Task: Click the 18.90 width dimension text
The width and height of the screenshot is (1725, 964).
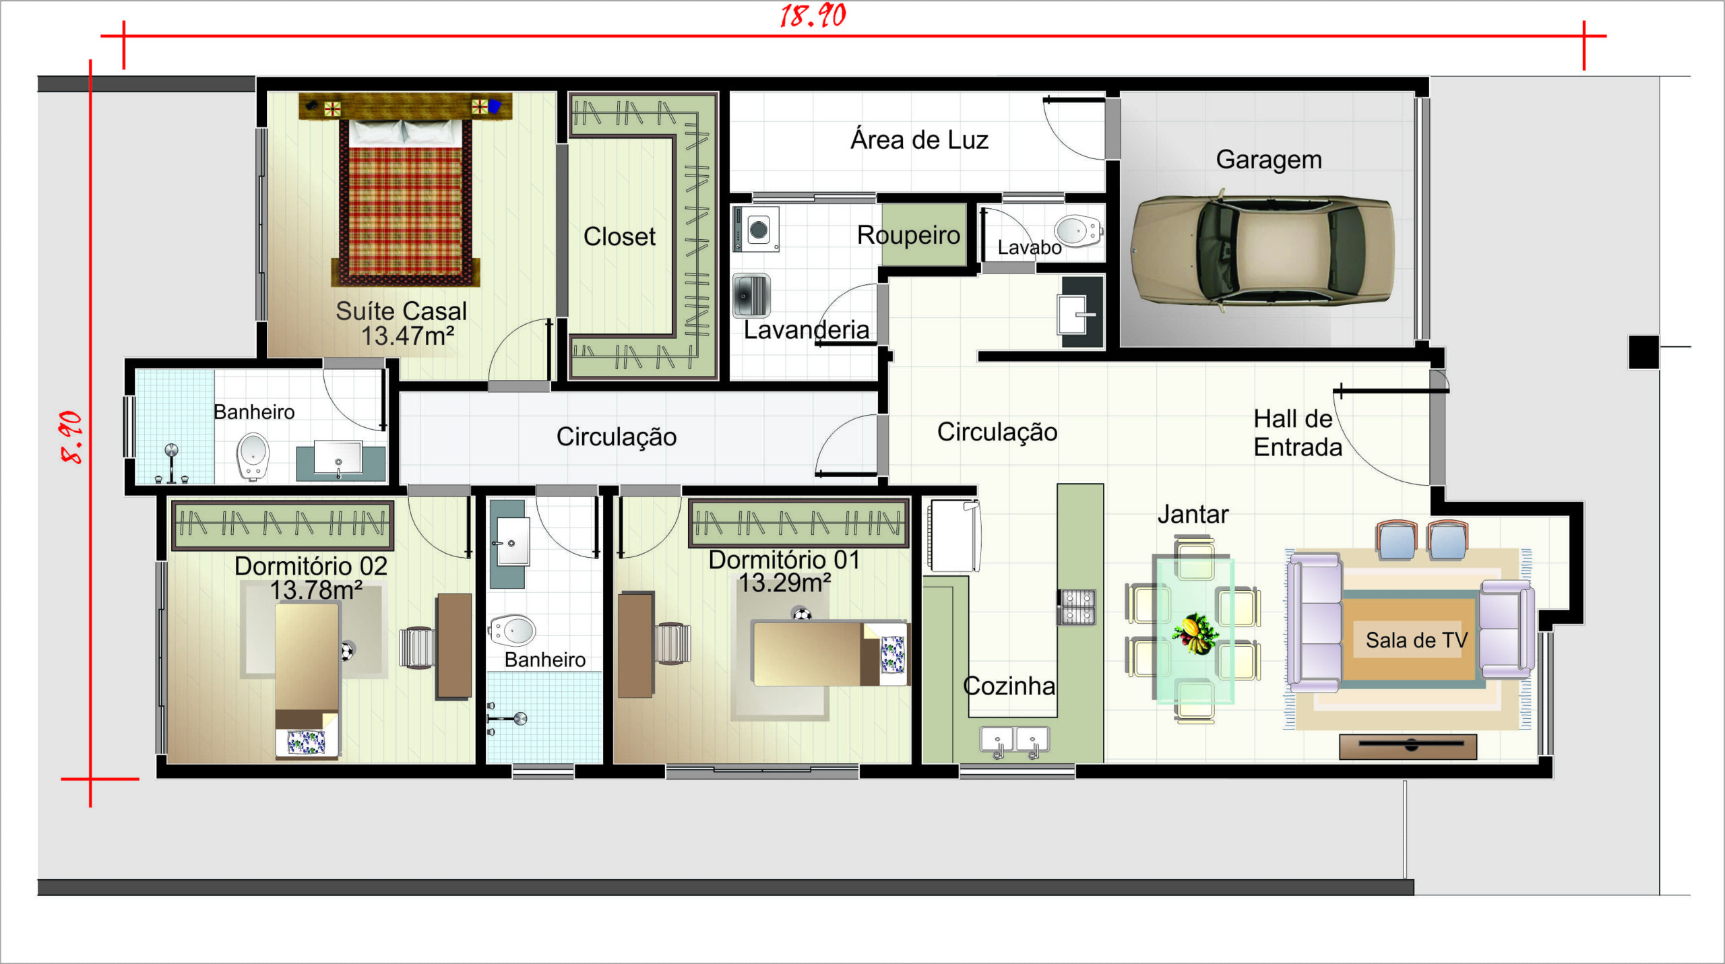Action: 813,15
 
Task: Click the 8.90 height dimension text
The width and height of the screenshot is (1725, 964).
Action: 71,437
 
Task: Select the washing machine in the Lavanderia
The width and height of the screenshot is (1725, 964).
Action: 756,229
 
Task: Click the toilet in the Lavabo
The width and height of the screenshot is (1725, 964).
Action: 1079,230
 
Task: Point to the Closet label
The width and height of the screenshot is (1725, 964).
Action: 619,236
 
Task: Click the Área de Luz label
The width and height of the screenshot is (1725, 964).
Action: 919,140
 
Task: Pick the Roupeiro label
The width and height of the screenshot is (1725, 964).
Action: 908,235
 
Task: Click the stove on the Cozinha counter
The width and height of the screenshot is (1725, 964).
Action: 1077,606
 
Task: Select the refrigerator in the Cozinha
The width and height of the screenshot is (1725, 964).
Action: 953,536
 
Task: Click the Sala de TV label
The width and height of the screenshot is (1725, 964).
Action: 1416,640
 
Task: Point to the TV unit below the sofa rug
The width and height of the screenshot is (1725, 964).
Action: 1408,746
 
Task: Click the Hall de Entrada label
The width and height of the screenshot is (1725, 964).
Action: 1297,433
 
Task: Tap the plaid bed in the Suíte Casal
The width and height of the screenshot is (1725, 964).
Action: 406,201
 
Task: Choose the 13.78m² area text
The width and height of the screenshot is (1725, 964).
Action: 316,590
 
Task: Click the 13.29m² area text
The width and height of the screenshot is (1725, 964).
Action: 784,583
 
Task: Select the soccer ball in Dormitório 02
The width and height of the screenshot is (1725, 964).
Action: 346,651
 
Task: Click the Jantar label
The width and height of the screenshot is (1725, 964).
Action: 1193,515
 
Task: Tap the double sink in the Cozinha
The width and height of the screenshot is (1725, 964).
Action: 1015,741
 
